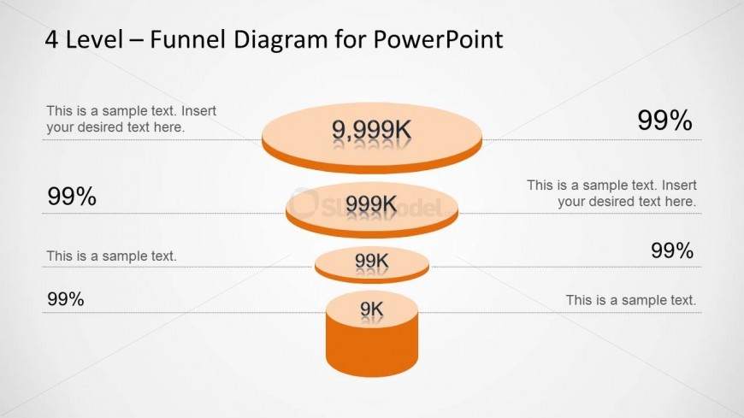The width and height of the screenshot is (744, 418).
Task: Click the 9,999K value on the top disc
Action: pos(371,130)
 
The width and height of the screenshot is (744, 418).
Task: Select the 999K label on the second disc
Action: pos(371,203)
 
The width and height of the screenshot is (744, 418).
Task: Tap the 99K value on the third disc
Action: pos(371,260)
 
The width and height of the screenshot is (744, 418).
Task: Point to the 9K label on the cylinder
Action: pos(371,309)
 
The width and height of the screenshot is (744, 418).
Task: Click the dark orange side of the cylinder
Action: pos(371,352)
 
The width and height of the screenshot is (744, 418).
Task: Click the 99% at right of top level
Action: pos(664,121)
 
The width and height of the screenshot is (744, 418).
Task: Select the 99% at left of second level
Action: pos(72,197)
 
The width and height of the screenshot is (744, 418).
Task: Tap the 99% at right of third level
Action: pos(671,250)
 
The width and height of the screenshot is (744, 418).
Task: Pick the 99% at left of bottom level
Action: pos(66,299)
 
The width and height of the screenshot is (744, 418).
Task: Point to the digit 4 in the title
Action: pos(52,39)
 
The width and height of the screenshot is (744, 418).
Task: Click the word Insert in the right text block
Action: pos(680,185)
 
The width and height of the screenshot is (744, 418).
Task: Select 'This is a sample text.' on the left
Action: pos(111,256)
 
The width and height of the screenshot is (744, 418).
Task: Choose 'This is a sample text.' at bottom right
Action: pos(631,300)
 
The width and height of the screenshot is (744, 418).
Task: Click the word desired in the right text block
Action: pos(614,202)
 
